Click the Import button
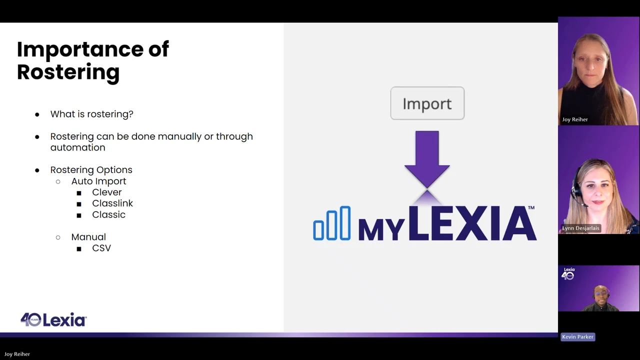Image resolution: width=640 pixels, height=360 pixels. (427, 103)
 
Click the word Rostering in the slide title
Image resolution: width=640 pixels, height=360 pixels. (68, 72)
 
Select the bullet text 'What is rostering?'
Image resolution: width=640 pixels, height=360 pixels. (91, 114)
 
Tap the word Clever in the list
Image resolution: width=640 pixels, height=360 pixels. (107, 192)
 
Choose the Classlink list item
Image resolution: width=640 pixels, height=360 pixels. (112, 203)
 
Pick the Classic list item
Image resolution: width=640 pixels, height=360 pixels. (108, 214)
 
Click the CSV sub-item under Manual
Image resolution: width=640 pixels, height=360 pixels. (101, 248)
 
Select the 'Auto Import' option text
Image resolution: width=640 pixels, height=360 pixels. (98, 181)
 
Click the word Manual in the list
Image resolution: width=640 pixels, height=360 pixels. (88, 237)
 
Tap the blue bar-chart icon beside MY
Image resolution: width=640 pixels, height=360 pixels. (332, 223)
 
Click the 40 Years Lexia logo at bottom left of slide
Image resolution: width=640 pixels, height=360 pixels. (53, 319)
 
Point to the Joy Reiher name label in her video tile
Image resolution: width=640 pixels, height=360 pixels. (575, 119)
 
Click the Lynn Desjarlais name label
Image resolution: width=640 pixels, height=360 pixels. (580, 228)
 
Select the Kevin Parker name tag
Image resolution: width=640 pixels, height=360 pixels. (577, 337)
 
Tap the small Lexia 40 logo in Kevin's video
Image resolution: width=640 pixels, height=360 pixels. (568, 273)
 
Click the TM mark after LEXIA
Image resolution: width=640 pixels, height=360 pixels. (531, 207)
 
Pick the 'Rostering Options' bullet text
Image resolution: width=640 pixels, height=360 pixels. (91, 170)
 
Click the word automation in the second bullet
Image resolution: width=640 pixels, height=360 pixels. (77, 147)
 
